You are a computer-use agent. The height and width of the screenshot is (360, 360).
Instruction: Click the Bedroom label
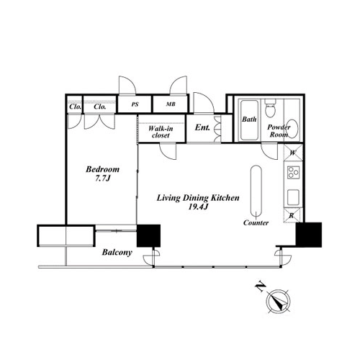102,169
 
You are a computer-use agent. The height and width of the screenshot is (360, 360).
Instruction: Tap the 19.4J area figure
198,207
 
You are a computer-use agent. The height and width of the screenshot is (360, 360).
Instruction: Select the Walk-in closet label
161,132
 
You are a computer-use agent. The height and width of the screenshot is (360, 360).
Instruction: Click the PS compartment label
135,104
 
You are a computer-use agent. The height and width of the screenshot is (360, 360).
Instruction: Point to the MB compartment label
171,104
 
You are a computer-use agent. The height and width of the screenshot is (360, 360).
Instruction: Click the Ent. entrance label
202,127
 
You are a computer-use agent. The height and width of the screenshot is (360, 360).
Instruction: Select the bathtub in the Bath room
249,120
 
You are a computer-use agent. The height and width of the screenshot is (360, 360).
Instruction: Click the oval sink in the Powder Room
292,128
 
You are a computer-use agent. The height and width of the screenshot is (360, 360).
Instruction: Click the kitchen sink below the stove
293,197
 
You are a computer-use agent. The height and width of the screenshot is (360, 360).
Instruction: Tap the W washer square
292,153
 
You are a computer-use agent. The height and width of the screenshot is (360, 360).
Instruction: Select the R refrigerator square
292,215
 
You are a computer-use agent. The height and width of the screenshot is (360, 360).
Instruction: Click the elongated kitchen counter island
256,192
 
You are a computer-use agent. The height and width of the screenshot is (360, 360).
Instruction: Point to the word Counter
256,222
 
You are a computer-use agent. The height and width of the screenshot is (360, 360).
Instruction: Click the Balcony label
117,253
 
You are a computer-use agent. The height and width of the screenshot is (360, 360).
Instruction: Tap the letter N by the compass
260,287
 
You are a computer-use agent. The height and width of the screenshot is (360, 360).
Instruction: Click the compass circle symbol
279,301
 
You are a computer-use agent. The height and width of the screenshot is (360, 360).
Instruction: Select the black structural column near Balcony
148,235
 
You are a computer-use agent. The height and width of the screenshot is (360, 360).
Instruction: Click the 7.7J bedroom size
102,179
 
